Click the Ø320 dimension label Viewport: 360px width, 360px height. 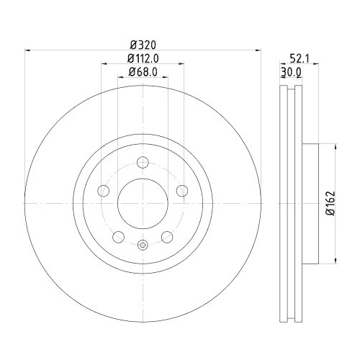(x=142, y=42)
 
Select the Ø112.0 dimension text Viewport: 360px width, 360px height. (x=142, y=58)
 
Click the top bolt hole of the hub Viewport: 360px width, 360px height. (x=142, y=163)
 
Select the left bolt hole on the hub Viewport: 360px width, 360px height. (x=102, y=191)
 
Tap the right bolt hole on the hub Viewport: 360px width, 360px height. (x=181, y=191)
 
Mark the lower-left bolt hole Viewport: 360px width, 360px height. (x=117, y=237)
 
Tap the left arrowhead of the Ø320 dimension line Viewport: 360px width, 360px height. (x=29, y=50)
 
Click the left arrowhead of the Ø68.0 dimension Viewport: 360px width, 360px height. (x=120, y=78)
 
